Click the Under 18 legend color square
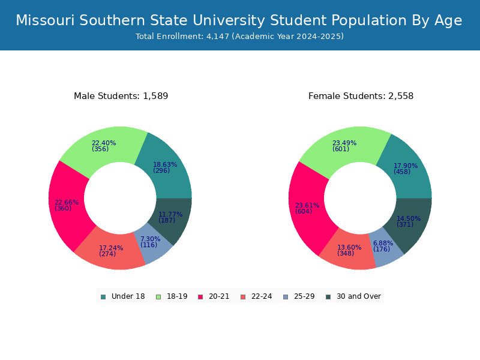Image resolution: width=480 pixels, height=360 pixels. (103, 297)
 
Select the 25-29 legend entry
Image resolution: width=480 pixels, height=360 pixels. (299, 296)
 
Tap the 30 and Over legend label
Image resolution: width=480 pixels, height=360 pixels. (359, 296)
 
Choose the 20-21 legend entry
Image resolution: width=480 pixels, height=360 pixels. (214, 296)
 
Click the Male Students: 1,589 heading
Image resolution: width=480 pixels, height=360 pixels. (121, 96)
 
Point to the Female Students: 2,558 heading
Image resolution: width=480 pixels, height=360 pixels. (361, 96)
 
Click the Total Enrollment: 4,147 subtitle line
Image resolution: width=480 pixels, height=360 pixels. (239, 37)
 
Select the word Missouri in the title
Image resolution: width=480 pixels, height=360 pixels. (46, 20)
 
